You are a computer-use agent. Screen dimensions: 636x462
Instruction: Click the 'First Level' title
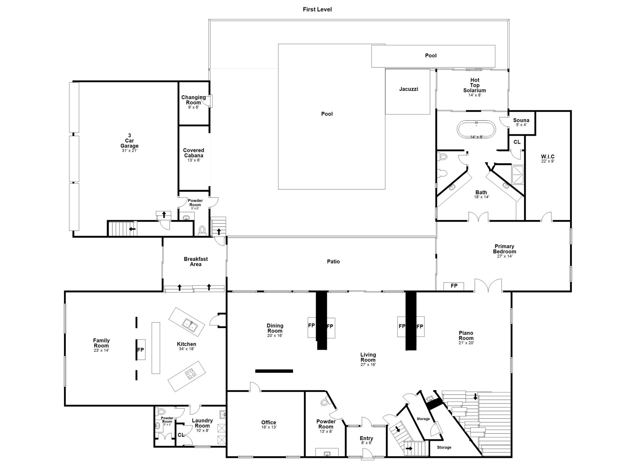[x=317, y=9]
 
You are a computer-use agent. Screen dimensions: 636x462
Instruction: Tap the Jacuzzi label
[x=408, y=89]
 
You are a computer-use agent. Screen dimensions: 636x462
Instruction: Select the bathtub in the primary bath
[x=476, y=129]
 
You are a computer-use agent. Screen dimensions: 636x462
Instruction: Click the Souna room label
[x=521, y=120]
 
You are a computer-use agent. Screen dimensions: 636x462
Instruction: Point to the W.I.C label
[x=548, y=157]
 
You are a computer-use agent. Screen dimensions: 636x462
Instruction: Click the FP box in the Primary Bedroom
[x=454, y=286]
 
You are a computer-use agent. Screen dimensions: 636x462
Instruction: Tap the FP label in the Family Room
[x=140, y=349]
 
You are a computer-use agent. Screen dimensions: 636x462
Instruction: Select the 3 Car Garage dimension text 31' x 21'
[x=129, y=151]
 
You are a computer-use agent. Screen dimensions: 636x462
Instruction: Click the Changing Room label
[x=193, y=100]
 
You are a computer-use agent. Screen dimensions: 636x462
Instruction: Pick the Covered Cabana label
[x=194, y=153]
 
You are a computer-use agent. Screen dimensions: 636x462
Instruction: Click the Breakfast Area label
[x=196, y=261]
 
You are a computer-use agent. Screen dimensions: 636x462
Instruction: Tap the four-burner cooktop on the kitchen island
[x=190, y=374]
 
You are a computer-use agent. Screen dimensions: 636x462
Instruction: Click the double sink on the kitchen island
[x=190, y=325]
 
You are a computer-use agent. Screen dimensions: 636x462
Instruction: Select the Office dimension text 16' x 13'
[x=268, y=427]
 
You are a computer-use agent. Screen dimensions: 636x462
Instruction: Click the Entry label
[x=366, y=438]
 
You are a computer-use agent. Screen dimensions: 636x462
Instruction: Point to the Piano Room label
[x=466, y=336]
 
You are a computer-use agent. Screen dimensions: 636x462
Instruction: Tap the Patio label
[x=333, y=261]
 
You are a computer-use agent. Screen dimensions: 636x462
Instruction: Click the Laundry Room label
[x=202, y=423]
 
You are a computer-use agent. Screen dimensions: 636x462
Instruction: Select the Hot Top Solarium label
[x=475, y=85]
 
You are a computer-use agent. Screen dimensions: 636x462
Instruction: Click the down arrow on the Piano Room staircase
[x=475, y=396]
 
